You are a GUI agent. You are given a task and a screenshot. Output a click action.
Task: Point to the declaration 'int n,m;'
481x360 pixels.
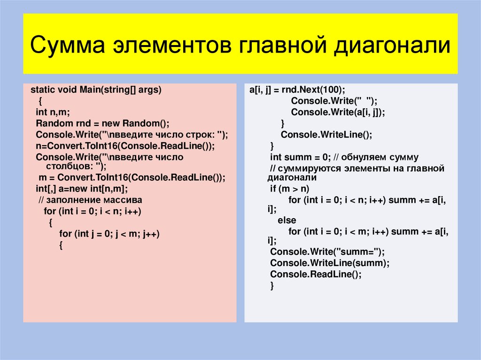pos(53,112)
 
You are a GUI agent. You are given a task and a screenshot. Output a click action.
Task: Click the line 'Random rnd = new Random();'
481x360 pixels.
pos(102,123)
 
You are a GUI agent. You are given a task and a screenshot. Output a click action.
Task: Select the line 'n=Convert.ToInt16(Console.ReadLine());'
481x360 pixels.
pos(125,146)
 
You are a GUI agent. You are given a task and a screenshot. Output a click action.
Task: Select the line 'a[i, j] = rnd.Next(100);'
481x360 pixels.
pos(297,90)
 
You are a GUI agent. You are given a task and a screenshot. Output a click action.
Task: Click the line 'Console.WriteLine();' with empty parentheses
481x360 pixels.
pos(326,135)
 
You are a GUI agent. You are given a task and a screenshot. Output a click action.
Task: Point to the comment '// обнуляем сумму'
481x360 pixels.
pos(370,157)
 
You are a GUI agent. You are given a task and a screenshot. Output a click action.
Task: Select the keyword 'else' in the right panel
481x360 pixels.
pos(287,220)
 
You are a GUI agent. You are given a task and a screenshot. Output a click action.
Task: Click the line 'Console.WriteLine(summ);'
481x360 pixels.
pos(330,263)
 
